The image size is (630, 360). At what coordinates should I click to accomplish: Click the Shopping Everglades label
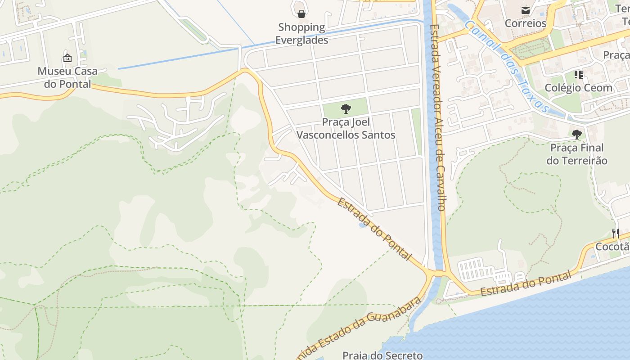click(x=301, y=34)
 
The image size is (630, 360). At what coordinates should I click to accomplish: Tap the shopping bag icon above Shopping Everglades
click(x=301, y=14)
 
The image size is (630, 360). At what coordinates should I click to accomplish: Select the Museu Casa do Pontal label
click(x=67, y=77)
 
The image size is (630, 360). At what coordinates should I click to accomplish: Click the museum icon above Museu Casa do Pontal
click(x=67, y=58)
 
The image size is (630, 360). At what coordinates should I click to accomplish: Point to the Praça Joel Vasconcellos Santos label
click(x=346, y=129)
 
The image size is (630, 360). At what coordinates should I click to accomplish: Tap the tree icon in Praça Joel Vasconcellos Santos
click(x=346, y=108)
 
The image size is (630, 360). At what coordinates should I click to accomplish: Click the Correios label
click(x=525, y=23)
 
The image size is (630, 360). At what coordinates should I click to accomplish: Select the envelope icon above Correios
click(x=525, y=10)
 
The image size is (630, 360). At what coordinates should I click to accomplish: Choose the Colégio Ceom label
click(x=578, y=88)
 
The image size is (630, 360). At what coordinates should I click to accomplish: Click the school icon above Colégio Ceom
click(x=578, y=74)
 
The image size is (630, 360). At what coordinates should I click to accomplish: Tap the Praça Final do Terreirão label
click(x=577, y=154)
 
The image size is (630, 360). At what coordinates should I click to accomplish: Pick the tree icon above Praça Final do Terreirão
click(x=577, y=134)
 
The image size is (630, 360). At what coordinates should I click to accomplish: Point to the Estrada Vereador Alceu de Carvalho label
click(x=437, y=117)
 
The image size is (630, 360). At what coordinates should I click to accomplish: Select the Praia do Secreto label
click(x=382, y=355)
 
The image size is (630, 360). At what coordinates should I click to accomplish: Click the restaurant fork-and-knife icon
click(x=616, y=233)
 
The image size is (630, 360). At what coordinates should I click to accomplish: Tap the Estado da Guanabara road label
click(x=360, y=328)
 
